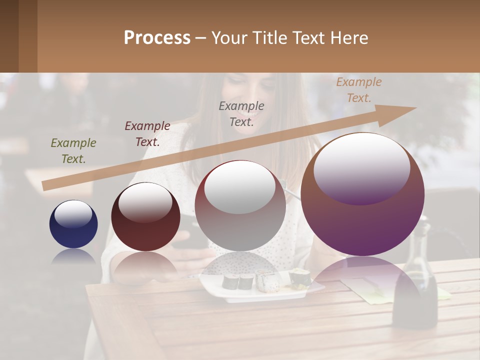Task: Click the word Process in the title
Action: [x=157, y=38]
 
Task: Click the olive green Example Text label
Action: [x=73, y=150]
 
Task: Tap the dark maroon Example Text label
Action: [x=147, y=133]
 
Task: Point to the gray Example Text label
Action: [x=241, y=113]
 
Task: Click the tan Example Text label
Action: [x=358, y=89]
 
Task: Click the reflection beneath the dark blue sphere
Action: [x=73, y=257]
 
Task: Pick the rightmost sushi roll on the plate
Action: [x=299, y=277]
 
